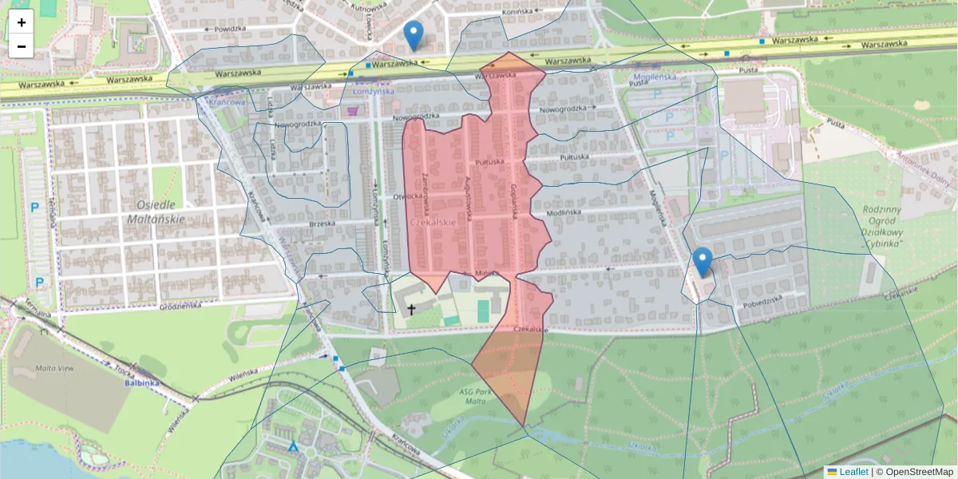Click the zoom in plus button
22,22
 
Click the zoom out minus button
22,46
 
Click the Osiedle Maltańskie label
156,210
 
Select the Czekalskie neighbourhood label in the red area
432,223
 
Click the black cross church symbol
412,308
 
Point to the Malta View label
54,369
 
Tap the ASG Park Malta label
478,398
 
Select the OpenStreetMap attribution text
914,472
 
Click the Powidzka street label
229,28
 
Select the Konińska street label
517,13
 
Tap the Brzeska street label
322,224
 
